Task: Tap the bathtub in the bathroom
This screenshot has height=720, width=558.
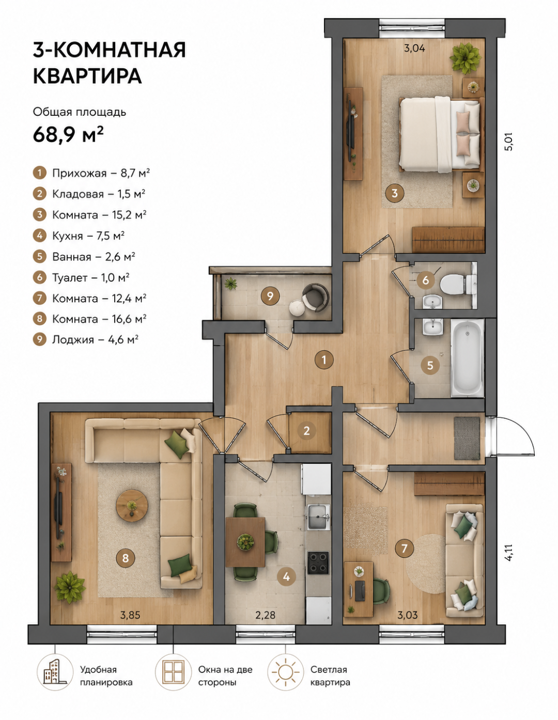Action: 467,357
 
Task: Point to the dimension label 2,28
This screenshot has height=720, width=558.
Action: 265,615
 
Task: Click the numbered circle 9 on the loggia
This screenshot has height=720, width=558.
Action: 270,296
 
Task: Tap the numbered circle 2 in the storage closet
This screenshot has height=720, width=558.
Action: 306,431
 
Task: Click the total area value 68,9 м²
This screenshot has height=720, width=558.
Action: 68,134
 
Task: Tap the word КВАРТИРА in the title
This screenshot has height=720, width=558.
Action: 87,76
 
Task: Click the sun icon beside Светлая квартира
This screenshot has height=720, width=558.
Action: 285,672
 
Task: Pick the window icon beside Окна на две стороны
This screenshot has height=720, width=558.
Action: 173,672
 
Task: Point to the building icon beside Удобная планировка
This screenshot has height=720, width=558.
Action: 55,672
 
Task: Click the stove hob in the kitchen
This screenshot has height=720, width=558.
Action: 318,562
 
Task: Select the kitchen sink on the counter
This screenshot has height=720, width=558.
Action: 318,517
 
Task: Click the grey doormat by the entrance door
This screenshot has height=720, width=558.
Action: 467,439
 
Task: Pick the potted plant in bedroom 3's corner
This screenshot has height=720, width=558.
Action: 465,58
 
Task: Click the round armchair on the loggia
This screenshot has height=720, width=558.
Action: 316,297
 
